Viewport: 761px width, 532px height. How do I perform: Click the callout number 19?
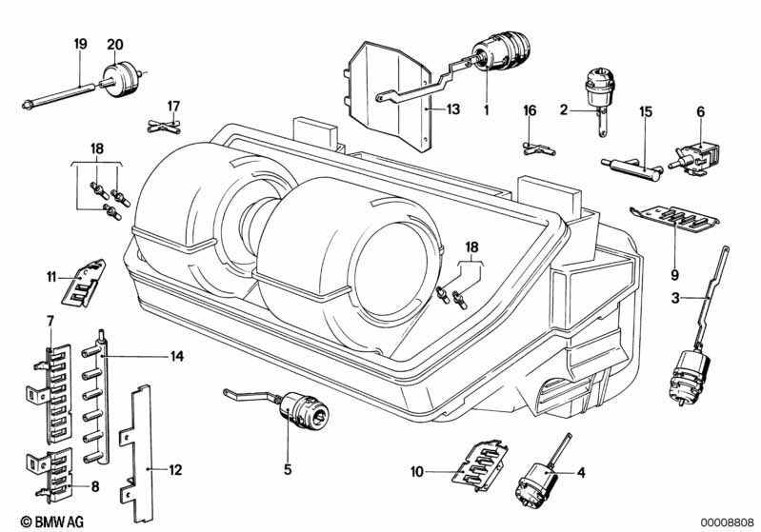[80, 45]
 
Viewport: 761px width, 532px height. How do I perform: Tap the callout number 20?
[115, 45]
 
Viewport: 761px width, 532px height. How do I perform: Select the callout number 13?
[451, 110]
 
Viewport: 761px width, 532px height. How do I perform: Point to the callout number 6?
[700, 111]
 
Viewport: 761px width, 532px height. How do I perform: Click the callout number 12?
[177, 469]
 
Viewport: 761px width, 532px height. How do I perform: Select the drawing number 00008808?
[728, 522]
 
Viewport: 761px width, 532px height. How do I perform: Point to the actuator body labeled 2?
[601, 89]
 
